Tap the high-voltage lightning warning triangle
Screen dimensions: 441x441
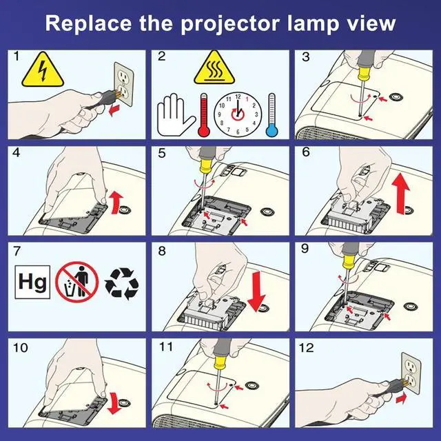pos(43,70)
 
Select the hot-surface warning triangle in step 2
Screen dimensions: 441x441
pos(214,68)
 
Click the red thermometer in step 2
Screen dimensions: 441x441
pos(204,115)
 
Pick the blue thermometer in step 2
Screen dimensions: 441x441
pos(271,115)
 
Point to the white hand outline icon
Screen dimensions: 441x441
pos(176,115)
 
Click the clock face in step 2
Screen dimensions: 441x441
pos(238,114)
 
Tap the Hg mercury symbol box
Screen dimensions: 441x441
pos(32,282)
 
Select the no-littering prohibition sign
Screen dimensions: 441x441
pos(76,282)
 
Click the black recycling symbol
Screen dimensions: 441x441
pos(121,283)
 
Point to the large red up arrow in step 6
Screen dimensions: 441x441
pos(401,193)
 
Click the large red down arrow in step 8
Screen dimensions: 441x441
pos(256,291)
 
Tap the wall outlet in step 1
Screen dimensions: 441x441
pos(124,84)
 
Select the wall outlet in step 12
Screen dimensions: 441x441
pos(411,373)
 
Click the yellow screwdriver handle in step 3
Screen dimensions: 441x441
pos(364,74)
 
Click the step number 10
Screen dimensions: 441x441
pos(21,348)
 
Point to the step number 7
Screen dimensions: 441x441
pos(17,251)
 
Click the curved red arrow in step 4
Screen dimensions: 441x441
pos(117,202)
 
